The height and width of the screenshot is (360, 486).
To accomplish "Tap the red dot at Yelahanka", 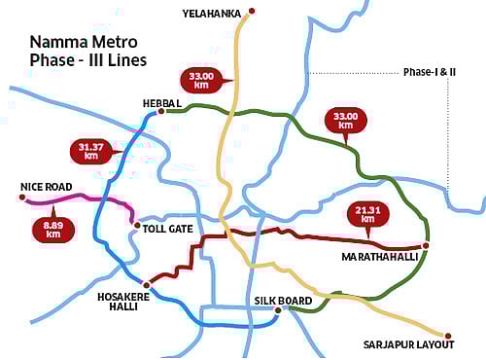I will (x=251, y=12).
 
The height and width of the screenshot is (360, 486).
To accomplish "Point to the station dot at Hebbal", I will (x=160, y=111).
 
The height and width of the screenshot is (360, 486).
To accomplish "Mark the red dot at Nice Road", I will (x=21, y=198).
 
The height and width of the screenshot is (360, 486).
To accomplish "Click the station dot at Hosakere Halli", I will (x=147, y=281).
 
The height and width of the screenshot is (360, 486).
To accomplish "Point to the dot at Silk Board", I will (x=278, y=310).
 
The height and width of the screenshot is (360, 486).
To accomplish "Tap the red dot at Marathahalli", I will (x=426, y=245).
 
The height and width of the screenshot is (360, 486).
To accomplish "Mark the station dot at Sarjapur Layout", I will (x=450, y=332).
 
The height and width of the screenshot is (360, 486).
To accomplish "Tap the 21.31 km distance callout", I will (x=365, y=214).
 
